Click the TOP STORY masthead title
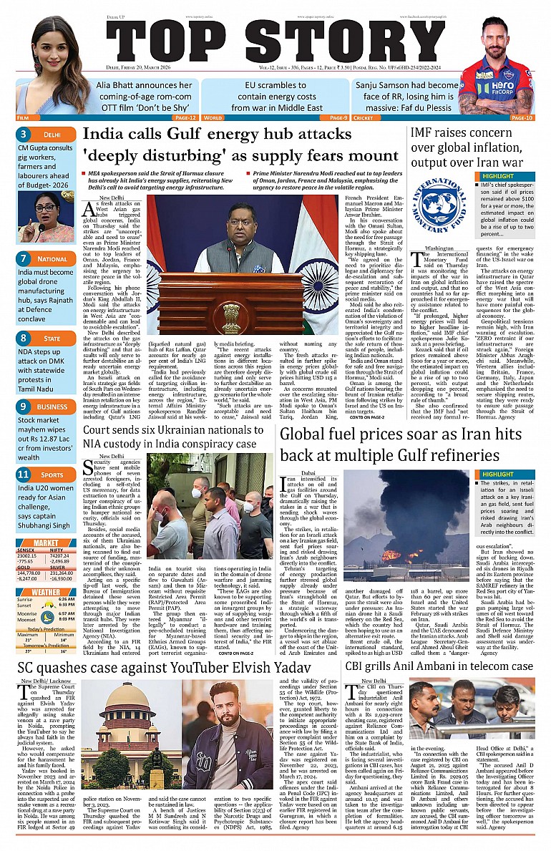(275, 48)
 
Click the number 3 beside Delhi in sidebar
(24, 134)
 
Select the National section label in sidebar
(53, 258)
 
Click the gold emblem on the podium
(231, 312)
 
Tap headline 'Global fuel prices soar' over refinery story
(406, 444)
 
